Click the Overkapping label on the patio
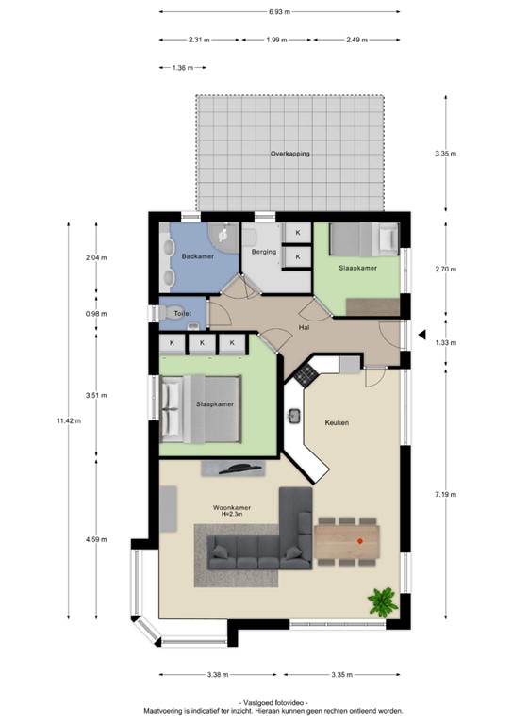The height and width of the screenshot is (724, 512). [x=289, y=153]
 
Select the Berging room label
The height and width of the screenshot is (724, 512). [x=263, y=252]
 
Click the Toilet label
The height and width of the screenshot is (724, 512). [x=182, y=313]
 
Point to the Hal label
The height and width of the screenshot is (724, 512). [x=305, y=327]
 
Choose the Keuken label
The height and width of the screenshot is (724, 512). [x=338, y=422]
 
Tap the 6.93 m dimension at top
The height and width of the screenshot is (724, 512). [x=278, y=12]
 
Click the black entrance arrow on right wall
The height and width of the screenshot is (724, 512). [x=423, y=334]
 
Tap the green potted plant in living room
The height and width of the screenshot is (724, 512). [x=383, y=600]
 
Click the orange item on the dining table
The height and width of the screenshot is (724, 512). [x=361, y=540]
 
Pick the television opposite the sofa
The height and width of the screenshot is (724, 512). [x=234, y=469]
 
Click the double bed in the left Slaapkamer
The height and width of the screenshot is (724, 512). [x=201, y=408]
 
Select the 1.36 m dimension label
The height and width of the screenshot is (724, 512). [x=183, y=68]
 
